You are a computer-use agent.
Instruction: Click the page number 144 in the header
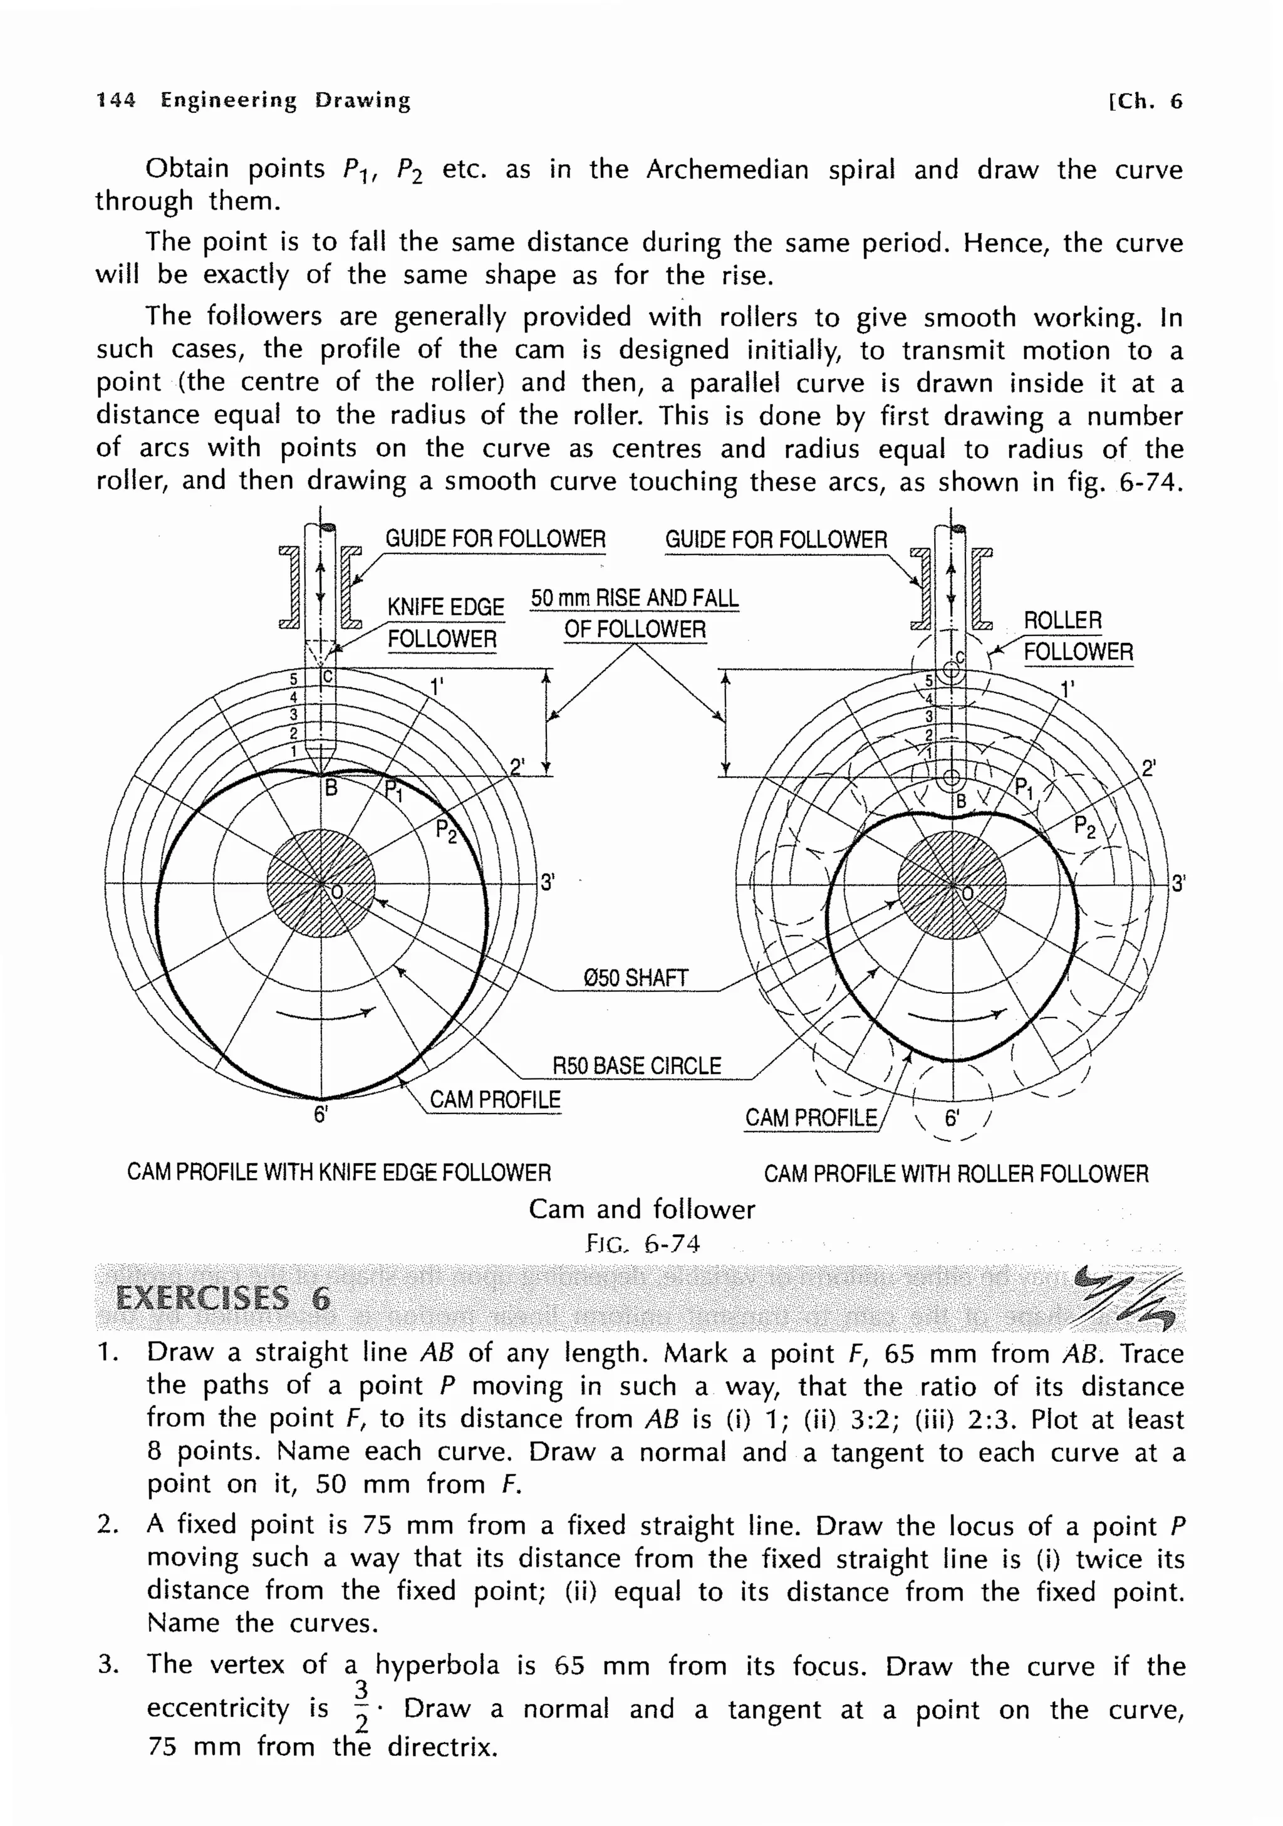pos(116,100)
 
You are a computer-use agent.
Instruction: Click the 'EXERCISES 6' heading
pos(222,1297)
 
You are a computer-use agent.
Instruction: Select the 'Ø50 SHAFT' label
pos(635,978)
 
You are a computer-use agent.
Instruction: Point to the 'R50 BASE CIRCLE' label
pos(636,1066)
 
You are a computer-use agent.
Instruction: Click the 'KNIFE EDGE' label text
pos(445,607)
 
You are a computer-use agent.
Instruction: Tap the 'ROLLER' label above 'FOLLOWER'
pos(1062,620)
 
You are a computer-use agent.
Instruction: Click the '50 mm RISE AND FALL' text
pos(635,598)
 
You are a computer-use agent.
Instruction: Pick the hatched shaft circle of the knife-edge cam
pos(321,884)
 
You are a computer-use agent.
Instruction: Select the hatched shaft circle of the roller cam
pos(952,884)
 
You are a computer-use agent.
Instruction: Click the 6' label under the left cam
pos(320,1114)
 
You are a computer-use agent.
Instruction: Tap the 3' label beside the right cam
pos(1178,883)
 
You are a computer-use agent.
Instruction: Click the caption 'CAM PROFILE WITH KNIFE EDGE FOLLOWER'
pos(339,1172)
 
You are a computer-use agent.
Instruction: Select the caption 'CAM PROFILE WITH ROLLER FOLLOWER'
pos(955,1174)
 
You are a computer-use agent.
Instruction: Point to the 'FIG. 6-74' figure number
pos(642,1243)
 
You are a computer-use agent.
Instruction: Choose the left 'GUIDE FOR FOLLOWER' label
pos(496,538)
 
